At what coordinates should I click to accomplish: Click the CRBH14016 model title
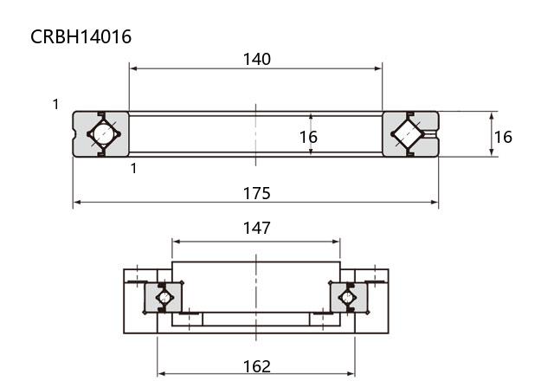pyautogui.click(x=81, y=36)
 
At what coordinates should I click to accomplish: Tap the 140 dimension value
pyautogui.click(x=257, y=59)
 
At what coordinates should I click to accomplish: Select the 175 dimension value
pyautogui.click(x=257, y=193)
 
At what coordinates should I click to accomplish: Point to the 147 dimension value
pyautogui.click(x=257, y=228)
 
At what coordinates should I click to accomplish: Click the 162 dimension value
pyautogui.click(x=257, y=366)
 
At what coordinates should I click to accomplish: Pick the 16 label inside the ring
pyautogui.click(x=308, y=137)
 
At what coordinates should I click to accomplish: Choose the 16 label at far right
pyautogui.click(x=503, y=137)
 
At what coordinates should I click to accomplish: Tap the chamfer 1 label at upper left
pyautogui.click(x=55, y=104)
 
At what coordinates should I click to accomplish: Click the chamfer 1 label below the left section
pyautogui.click(x=133, y=169)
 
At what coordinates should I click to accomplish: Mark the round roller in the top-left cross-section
pyautogui.click(x=104, y=134)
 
